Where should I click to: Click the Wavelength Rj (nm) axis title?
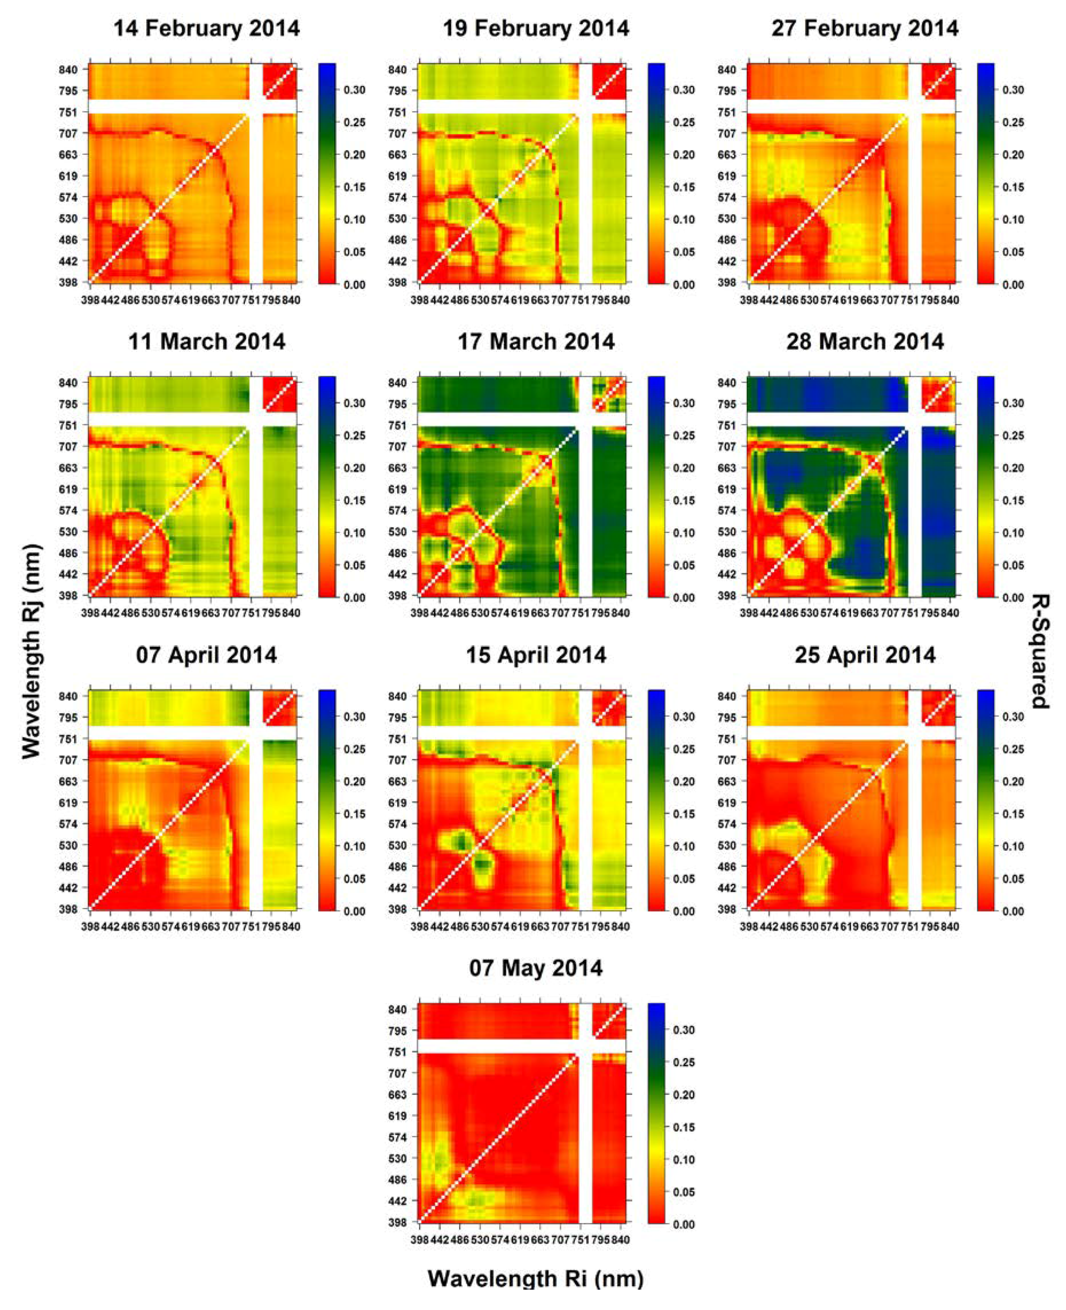[31, 652]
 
